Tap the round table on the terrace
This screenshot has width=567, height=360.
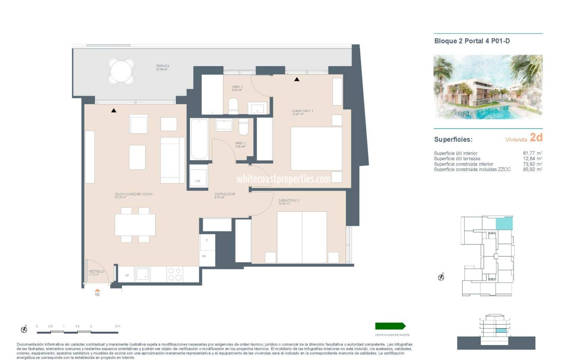121,71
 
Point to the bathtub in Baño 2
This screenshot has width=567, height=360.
199,139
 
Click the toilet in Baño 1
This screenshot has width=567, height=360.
233,106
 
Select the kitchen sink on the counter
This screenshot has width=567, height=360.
142,274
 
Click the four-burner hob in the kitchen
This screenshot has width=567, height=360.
175,274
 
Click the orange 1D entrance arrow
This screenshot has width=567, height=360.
97,291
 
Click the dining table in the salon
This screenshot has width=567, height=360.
135,225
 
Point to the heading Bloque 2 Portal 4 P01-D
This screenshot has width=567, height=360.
472,41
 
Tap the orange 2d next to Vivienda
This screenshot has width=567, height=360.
536,137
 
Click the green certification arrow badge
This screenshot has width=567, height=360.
390,326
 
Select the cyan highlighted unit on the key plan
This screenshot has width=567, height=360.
504,223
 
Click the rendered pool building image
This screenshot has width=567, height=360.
488,87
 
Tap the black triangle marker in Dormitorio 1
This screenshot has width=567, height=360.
297,79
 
